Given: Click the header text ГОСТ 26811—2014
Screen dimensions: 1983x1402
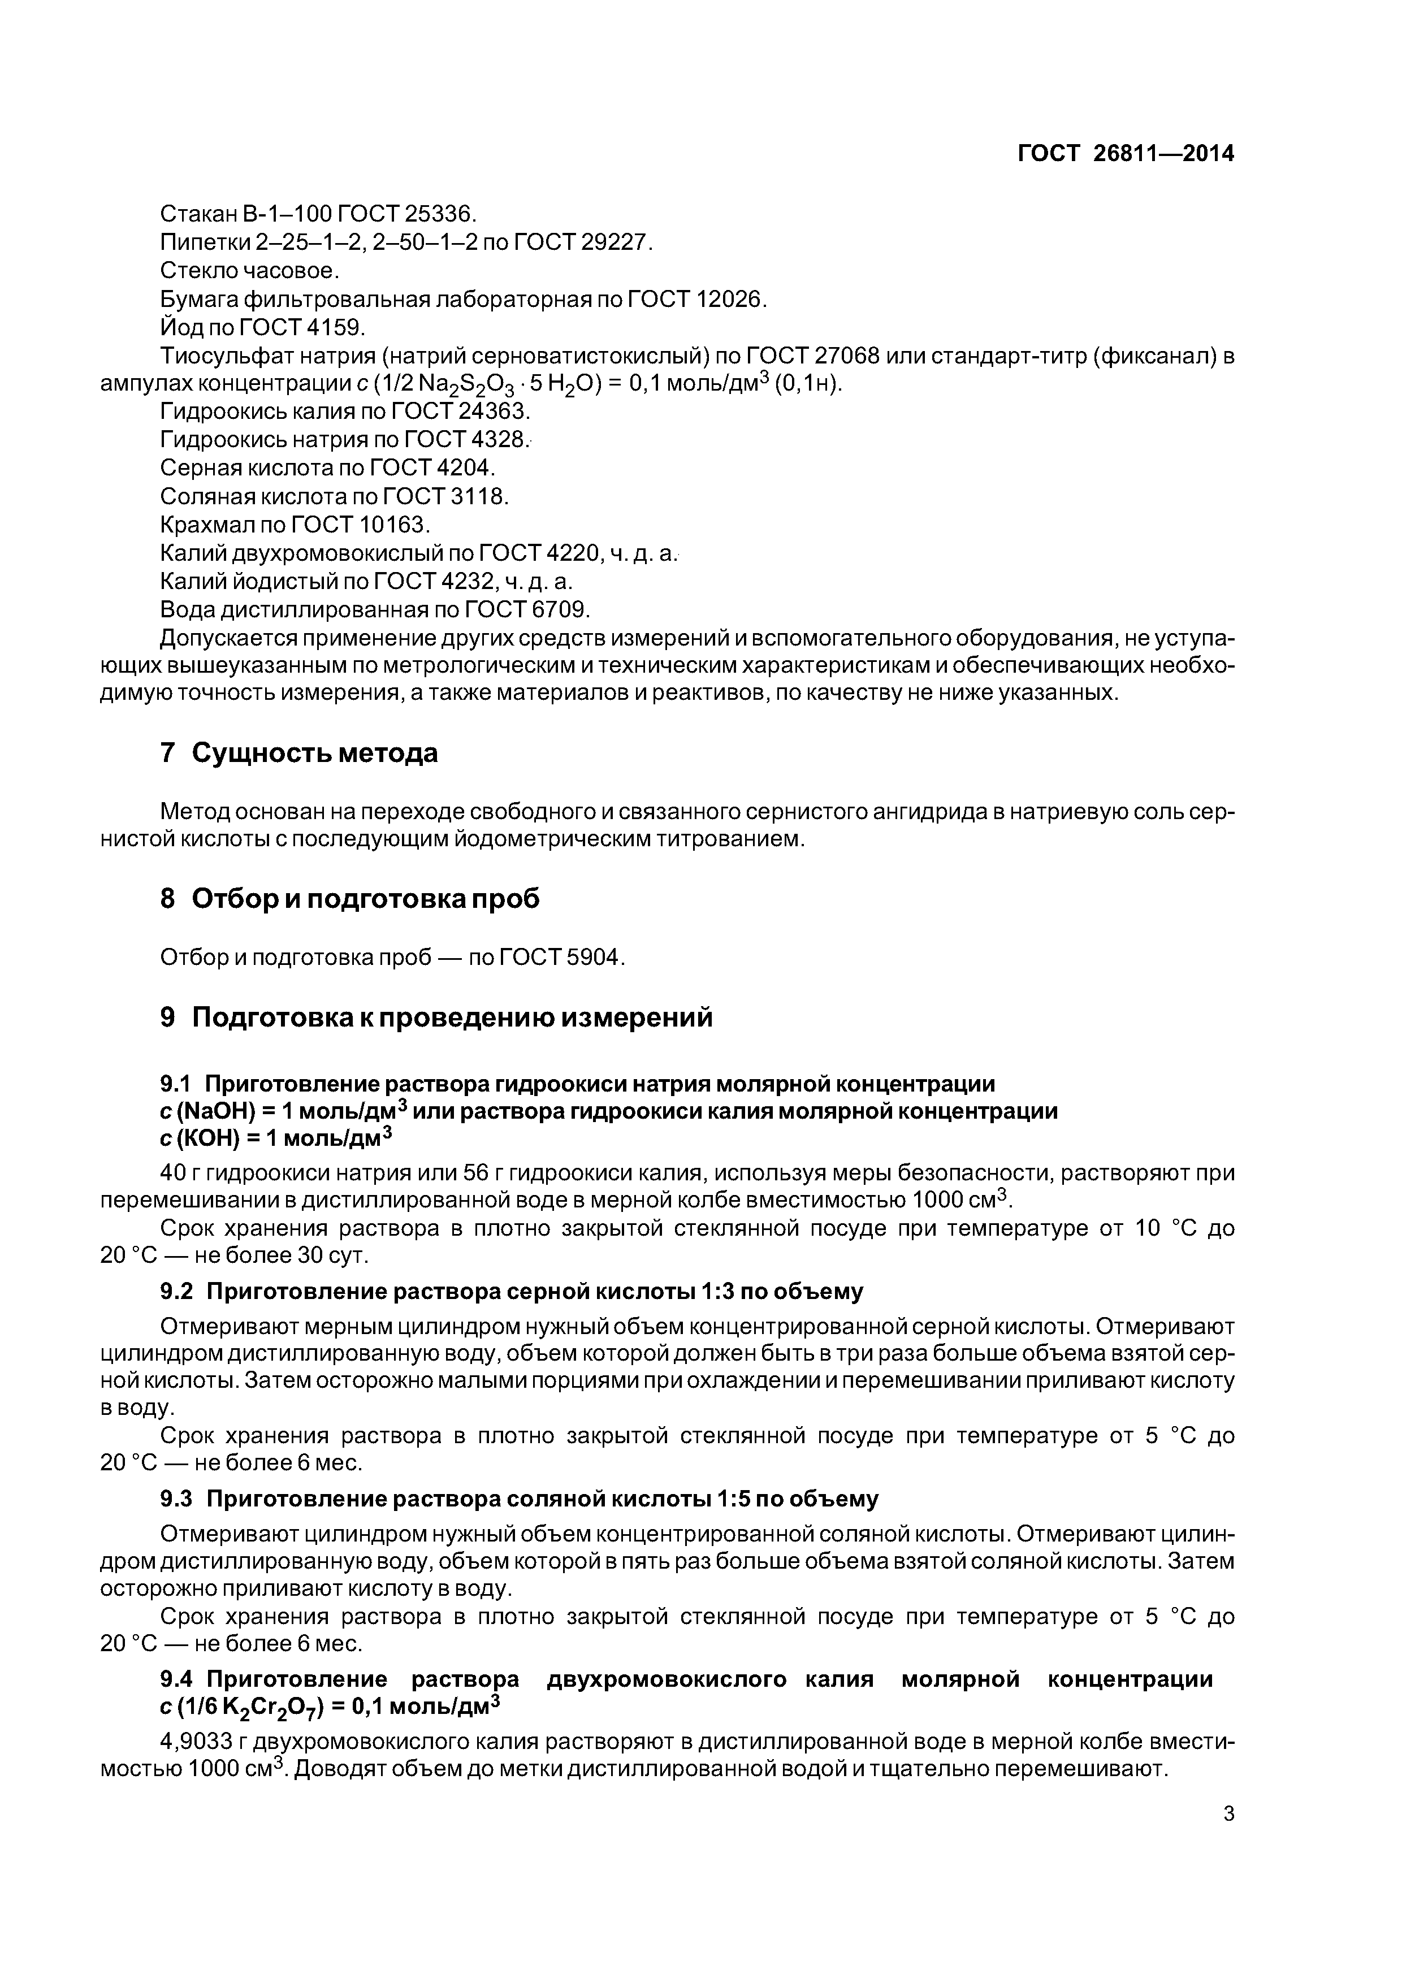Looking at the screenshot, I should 1125,154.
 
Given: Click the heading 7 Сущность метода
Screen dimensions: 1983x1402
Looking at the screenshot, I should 299,753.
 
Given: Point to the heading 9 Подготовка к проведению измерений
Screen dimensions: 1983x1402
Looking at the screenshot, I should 436,1018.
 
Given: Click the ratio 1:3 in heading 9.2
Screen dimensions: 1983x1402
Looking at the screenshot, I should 723,1291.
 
